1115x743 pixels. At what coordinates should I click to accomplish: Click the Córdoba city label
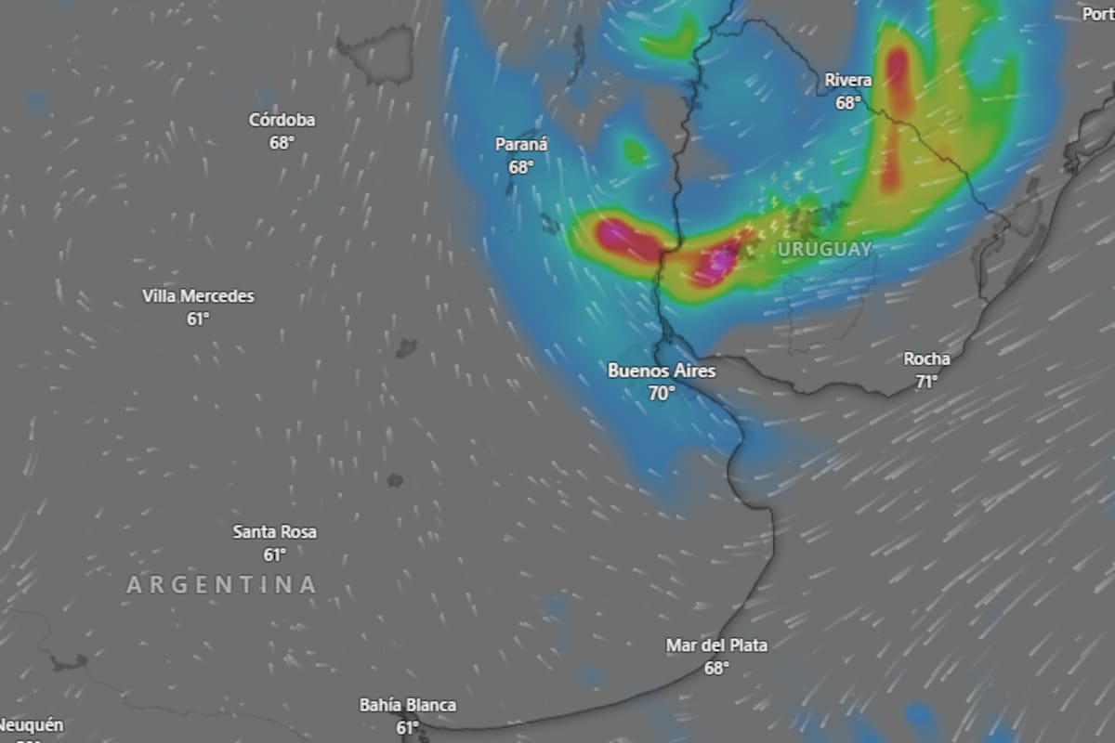pyautogui.click(x=282, y=120)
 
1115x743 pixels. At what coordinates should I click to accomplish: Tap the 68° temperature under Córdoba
pyautogui.click(x=282, y=143)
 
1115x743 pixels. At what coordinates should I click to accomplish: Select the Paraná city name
pyautogui.click(x=521, y=145)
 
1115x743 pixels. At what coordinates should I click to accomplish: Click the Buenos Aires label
pyautogui.click(x=662, y=371)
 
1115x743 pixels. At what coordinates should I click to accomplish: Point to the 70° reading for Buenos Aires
pyautogui.click(x=662, y=394)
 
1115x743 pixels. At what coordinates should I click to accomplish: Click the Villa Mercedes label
pyautogui.click(x=198, y=296)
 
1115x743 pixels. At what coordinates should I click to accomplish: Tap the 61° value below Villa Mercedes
pyautogui.click(x=198, y=319)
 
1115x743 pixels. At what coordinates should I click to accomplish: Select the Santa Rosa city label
pyautogui.click(x=274, y=532)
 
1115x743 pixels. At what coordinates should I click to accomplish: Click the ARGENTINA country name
pyautogui.click(x=221, y=585)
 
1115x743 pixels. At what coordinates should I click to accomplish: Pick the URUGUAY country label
pyautogui.click(x=824, y=249)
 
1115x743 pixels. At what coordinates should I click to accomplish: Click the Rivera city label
pyautogui.click(x=848, y=81)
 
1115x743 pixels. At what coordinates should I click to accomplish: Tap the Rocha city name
pyautogui.click(x=926, y=358)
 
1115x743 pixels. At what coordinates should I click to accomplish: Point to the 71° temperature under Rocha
pyautogui.click(x=926, y=381)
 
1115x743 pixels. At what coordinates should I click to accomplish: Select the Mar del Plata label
pyautogui.click(x=716, y=645)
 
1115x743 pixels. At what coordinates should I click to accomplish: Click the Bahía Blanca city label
pyautogui.click(x=408, y=705)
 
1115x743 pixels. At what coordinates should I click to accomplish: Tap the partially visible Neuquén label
pyautogui.click(x=31, y=724)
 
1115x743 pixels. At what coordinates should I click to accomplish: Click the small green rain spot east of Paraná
pyautogui.click(x=635, y=150)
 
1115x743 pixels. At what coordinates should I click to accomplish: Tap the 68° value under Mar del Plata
pyautogui.click(x=716, y=668)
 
